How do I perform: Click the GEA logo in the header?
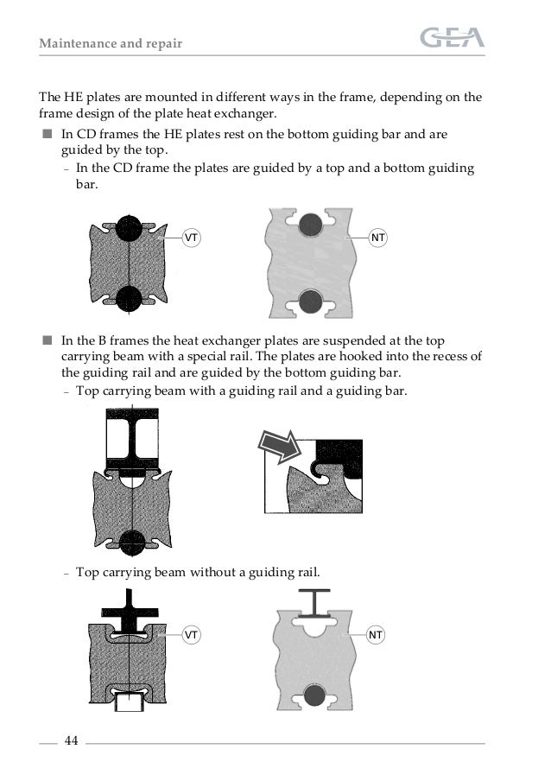452,38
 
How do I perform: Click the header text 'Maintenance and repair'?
111,42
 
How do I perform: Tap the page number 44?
71,741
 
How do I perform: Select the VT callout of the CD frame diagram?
190,236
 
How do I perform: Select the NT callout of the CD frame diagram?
377,236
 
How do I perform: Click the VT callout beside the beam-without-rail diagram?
191,635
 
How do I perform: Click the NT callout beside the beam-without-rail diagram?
375,635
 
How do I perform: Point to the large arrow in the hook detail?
280,449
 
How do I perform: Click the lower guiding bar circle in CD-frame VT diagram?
128,298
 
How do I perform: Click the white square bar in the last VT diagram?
129,700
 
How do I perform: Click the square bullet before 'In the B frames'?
46,341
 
